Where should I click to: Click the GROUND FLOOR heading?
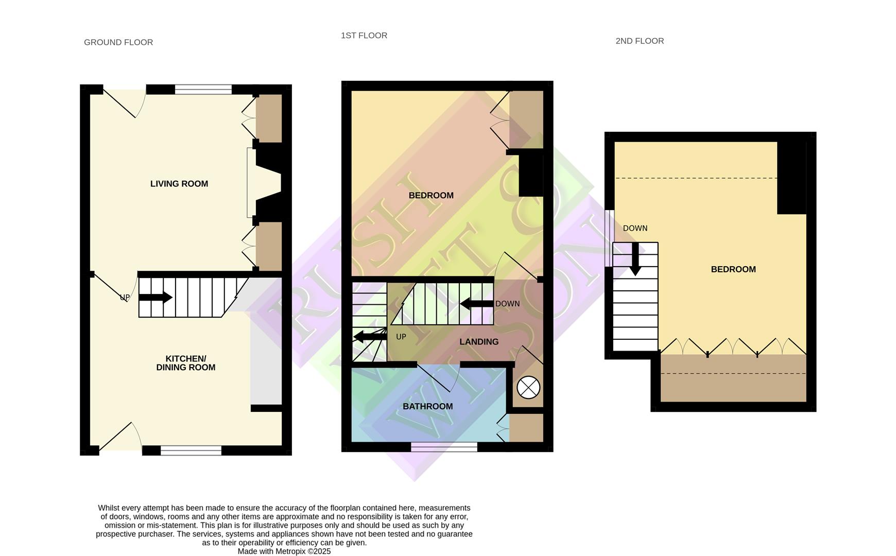coord(118,42)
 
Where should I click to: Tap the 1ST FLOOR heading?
coord(364,36)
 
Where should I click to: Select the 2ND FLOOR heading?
coord(640,41)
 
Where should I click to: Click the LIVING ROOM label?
coord(179,184)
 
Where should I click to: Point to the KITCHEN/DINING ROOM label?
coord(186,363)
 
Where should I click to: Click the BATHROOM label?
coord(427,406)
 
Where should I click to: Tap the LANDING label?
coord(479,342)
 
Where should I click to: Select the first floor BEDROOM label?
coord(431,195)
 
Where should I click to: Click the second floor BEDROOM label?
coord(733,269)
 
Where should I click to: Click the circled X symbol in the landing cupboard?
coord(528,388)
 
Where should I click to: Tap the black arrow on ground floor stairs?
coord(155,297)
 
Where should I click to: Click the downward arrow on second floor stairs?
coord(635,259)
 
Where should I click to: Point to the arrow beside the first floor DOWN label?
coord(476,304)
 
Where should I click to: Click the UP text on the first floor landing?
coord(401,337)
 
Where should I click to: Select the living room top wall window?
coord(203,90)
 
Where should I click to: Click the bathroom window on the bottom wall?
coord(444,446)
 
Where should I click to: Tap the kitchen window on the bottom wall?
coord(191,450)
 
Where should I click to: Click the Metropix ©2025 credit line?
coord(284,551)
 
